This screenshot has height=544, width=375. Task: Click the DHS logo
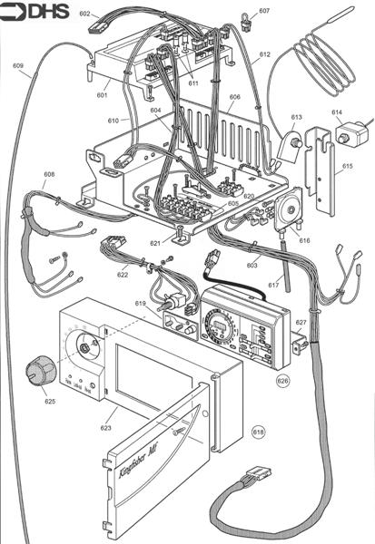point(29,13)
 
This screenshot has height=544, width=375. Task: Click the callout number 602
point(84,15)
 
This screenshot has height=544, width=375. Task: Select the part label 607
point(264,11)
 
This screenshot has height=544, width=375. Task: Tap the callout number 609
point(18,65)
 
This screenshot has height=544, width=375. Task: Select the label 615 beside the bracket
point(347,167)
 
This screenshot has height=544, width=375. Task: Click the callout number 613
point(296,117)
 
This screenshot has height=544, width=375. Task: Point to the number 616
point(304,240)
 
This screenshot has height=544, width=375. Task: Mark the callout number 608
point(49,174)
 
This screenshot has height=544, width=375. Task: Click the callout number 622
point(123,274)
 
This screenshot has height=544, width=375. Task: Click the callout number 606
point(234,96)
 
